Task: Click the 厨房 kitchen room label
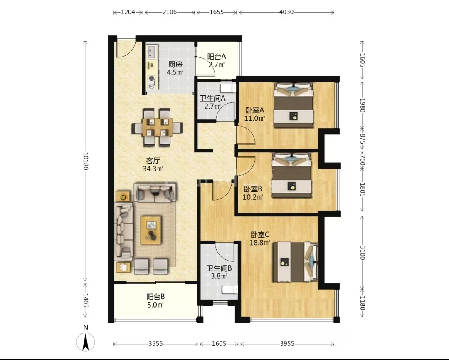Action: (175, 64)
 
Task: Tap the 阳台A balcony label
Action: (217, 57)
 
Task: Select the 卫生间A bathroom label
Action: (212, 98)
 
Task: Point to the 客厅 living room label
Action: (153, 161)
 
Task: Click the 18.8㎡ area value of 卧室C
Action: (260, 243)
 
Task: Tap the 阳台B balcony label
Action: (155, 297)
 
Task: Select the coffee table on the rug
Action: (151, 230)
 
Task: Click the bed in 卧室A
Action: (294, 105)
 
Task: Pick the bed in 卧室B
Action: (291, 175)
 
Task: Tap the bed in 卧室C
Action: (295, 262)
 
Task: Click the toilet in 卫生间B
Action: (230, 290)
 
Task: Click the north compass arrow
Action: (86, 342)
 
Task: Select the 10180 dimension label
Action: (85, 161)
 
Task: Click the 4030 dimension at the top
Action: (286, 12)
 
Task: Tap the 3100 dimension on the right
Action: (362, 253)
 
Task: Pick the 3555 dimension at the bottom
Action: (155, 343)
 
